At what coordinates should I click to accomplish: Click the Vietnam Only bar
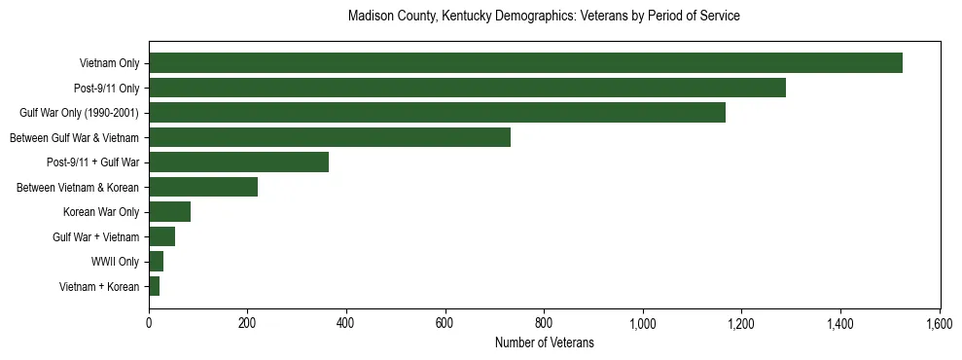tap(525, 63)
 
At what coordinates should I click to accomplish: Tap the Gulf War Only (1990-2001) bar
tap(437, 113)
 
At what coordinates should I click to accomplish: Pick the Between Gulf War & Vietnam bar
tap(330, 137)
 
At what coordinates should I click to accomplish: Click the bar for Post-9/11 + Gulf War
tap(238, 162)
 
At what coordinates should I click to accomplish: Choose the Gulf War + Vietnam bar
tap(161, 236)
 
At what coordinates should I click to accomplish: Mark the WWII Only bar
tap(156, 261)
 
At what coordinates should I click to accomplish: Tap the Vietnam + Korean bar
tap(154, 286)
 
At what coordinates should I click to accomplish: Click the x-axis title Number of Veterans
tap(544, 342)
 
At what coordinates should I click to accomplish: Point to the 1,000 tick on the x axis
tap(643, 322)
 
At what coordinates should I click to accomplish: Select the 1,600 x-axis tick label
tap(940, 322)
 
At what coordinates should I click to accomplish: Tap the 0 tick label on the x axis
tap(149, 322)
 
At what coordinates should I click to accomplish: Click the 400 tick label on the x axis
tap(346, 322)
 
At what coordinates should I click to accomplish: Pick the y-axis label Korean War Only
tap(101, 212)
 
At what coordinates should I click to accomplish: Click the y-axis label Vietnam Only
tap(109, 64)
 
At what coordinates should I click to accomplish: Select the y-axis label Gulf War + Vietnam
tap(95, 236)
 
